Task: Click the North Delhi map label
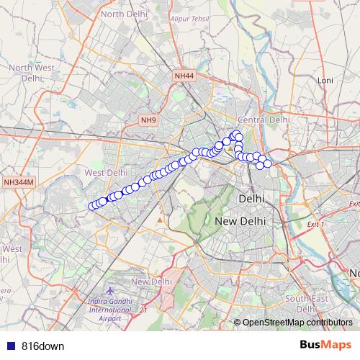coord(122,14)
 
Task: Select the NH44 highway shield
coord(184,76)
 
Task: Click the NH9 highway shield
coord(148,120)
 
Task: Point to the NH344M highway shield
coord(18,182)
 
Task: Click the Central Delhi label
coord(264,120)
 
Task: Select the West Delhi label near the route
coord(106,173)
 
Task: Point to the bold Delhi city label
coord(251,197)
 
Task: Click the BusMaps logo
coord(325,345)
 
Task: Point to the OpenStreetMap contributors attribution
coord(297,322)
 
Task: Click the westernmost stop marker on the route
coord(92,207)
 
